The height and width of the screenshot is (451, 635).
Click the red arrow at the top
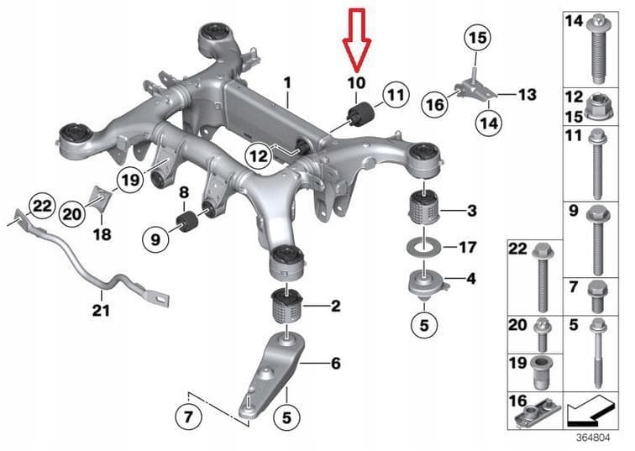pos(356,38)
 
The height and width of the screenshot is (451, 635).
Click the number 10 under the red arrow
pos(356,82)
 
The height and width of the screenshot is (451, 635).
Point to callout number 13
pos(526,95)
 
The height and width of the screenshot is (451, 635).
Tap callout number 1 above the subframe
pos(286,83)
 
